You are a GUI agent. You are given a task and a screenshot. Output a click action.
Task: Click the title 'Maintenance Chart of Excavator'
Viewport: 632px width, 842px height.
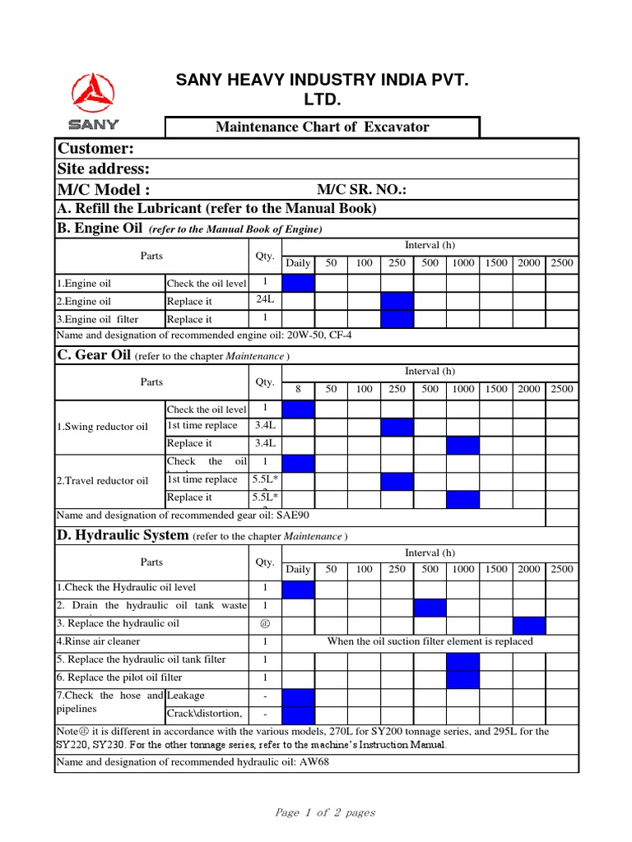(322, 127)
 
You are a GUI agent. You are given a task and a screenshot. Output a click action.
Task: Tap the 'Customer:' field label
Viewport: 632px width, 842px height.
(95, 148)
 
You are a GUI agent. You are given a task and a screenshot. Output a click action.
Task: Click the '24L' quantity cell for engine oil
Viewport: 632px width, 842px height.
(265, 301)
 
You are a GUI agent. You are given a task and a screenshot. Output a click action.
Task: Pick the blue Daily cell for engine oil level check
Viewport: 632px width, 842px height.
(298, 284)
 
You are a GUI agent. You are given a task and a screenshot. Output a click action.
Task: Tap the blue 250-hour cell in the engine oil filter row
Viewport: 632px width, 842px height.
(397, 319)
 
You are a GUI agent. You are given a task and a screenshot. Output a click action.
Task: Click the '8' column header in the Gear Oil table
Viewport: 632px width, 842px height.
(298, 389)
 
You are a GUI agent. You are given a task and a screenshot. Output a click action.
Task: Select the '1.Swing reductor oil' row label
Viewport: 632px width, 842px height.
(102, 427)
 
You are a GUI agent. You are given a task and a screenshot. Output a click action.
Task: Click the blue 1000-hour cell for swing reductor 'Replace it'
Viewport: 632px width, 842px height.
(462, 444)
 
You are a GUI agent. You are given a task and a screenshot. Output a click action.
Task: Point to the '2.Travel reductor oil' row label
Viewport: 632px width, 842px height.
(102, 480)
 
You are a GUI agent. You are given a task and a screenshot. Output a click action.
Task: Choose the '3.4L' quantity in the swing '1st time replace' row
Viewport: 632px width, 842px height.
(265, 426)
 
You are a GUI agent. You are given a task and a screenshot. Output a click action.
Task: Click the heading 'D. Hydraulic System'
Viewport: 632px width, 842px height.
(122, 535)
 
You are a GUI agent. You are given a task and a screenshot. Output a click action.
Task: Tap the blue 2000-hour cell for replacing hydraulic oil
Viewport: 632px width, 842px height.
(528, 625)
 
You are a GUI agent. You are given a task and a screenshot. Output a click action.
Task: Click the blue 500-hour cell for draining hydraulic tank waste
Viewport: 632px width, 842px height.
(430, 607)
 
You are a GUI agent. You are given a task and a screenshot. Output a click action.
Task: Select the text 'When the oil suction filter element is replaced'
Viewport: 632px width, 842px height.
(430, 641)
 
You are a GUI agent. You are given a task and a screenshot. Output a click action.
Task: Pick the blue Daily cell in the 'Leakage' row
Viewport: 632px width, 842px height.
(298, 696)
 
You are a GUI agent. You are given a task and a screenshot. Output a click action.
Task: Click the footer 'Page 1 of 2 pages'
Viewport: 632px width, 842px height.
(325, 812)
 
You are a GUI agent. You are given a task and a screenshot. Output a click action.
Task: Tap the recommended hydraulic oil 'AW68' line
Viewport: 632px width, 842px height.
(194, 762)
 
